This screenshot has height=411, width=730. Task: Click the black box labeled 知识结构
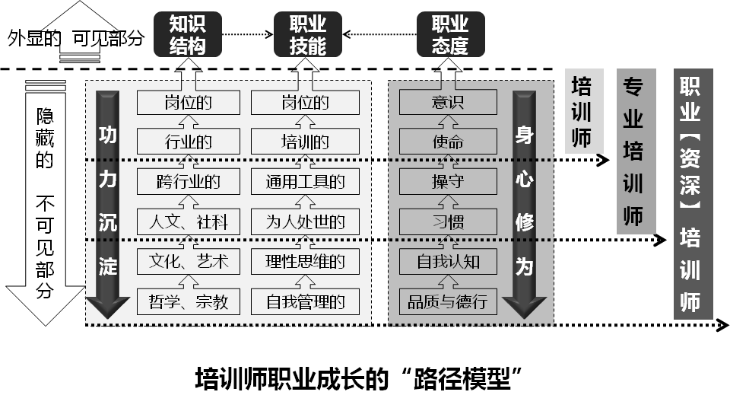187,35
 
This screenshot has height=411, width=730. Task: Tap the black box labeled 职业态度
450,35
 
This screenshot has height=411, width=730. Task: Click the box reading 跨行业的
188,182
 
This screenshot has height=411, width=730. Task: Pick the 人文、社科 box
188,222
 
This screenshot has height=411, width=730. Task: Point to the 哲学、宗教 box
188,301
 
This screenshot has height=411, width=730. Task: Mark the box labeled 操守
448,182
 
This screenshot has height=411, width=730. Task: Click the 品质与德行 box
448,301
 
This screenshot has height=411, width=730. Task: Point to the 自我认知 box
448,262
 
